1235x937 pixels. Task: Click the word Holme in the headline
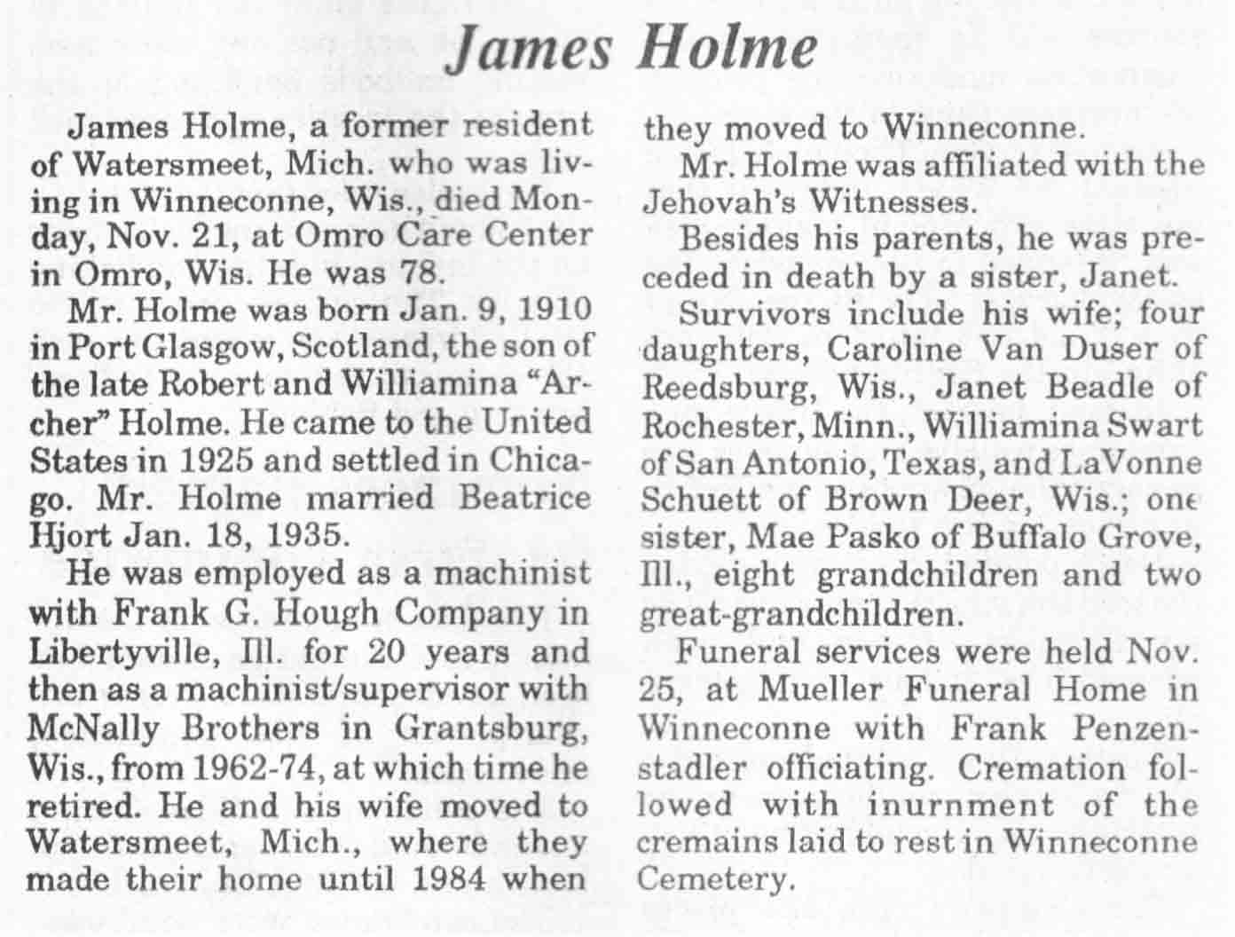(727, 49)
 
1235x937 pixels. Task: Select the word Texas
(924, 463)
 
